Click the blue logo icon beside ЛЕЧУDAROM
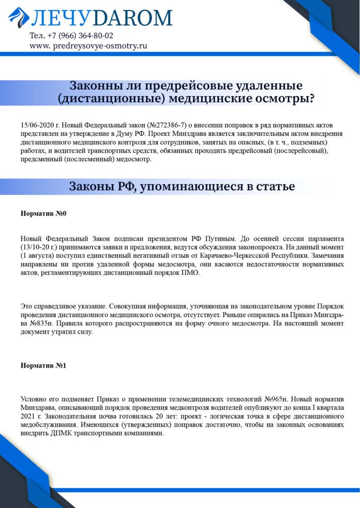[18, 18]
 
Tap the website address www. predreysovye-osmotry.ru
[88, 46]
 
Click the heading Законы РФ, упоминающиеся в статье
[182, 187]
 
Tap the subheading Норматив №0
[43, 214]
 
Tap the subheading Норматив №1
[43, 366]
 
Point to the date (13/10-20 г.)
[41, 247]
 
